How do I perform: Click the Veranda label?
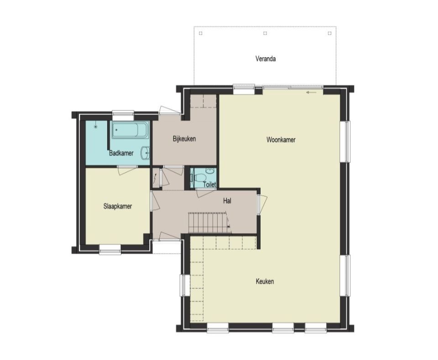[x=266, y=59]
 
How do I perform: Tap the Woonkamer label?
[x=281, y=140]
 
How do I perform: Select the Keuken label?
[x=265, y=281]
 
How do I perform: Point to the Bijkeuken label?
[x=184, y=139]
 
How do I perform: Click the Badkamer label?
[x=121, y=153]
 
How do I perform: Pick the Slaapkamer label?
[x=118, y=206]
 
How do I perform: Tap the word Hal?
[x=227, y=200]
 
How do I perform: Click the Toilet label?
[x=209, y=184]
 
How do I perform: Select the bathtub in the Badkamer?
[x=130, y=130]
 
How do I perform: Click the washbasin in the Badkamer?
[x=146, y=153]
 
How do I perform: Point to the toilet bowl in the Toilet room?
[x=199, y=177]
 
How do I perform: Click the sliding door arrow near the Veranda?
[x=312, y=92]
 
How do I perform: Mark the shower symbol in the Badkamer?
[x=96, y=127]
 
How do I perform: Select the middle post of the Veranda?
[x=265, y=33]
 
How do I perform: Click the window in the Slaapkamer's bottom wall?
[x=110, y=250]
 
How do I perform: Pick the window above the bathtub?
[x=123, y=114]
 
